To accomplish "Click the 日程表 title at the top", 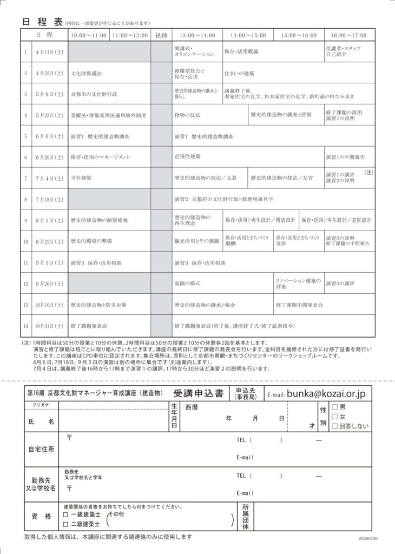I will (42, 22).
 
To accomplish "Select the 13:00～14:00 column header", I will (197, 35).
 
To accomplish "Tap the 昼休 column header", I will (161, 35).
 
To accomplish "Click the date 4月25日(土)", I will (49, 72).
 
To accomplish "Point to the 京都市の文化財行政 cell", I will (94, 94).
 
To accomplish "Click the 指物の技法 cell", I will (187, 115).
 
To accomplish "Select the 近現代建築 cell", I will (187, 156).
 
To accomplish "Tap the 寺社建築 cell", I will (81, 177).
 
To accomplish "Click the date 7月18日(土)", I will (49, 199).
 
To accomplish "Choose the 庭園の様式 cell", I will (187, 283).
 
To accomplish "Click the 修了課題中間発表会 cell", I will (299, 305).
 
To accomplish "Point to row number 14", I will (25, 326).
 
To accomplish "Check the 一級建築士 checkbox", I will (65, 515).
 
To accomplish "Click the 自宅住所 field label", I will (42, 450).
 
